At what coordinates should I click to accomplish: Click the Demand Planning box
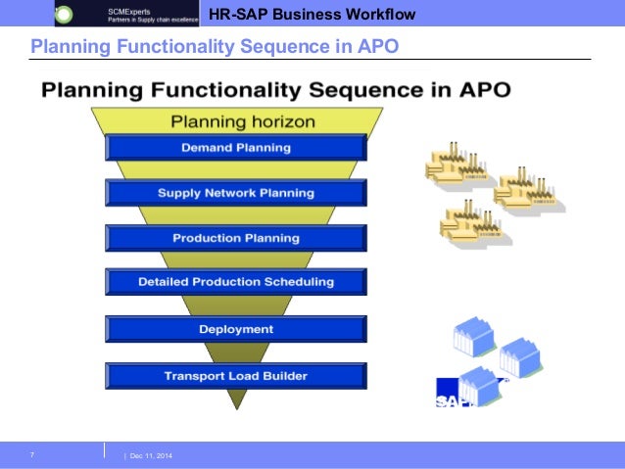(x=236, y=148)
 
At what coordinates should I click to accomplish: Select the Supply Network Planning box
(x=236, y=193)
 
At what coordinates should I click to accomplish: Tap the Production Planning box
(x=236, y=238)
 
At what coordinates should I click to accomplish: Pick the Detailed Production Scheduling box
(x=236, y=282)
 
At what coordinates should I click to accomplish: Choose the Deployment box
(x=236, y=329)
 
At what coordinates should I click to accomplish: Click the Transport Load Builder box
(x=236, y=376)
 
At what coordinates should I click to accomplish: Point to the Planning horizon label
(x=243, y=122)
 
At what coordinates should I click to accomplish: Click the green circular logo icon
(x=64, y=15)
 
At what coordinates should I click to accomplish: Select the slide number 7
(x=32, y=455)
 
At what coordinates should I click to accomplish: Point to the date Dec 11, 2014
(x=149, y=457)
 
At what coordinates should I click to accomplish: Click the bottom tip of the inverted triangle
(x=235, y=405)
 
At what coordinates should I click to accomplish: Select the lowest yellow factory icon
(x=471, y=221)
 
